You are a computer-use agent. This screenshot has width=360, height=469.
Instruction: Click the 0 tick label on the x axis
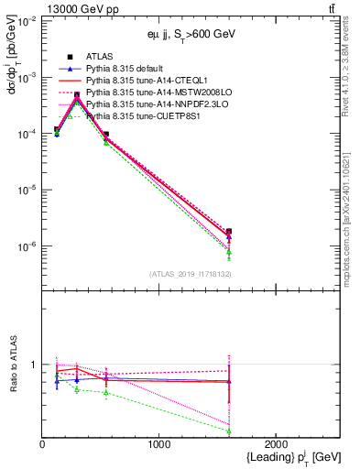(43, 444)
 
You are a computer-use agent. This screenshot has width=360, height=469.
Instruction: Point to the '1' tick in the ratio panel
(35, 365)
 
